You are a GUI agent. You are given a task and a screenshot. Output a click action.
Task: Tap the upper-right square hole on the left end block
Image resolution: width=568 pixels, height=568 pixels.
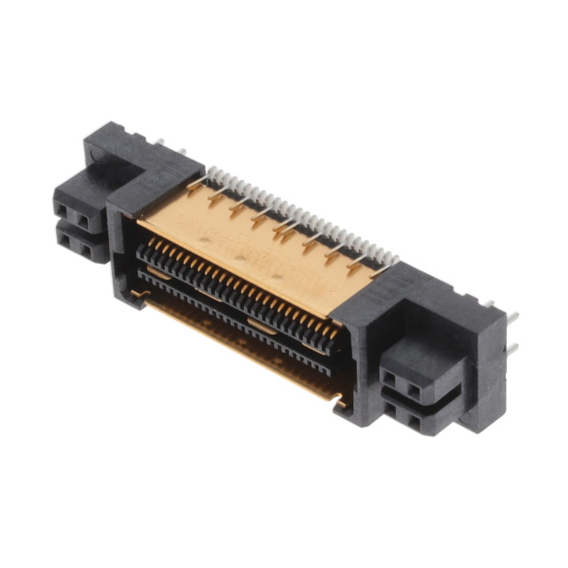pos(82,217)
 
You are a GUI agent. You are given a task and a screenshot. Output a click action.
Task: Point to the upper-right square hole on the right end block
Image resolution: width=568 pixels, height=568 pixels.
pos(410,387)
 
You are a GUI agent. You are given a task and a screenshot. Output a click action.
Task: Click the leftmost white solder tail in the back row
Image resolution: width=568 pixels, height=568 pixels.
pos(209,172)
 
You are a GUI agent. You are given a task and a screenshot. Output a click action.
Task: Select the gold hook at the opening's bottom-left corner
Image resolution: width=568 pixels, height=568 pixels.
pos(136,292)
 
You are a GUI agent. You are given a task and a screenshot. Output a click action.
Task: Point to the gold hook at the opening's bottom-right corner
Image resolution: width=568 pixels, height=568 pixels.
pos(338,401)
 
